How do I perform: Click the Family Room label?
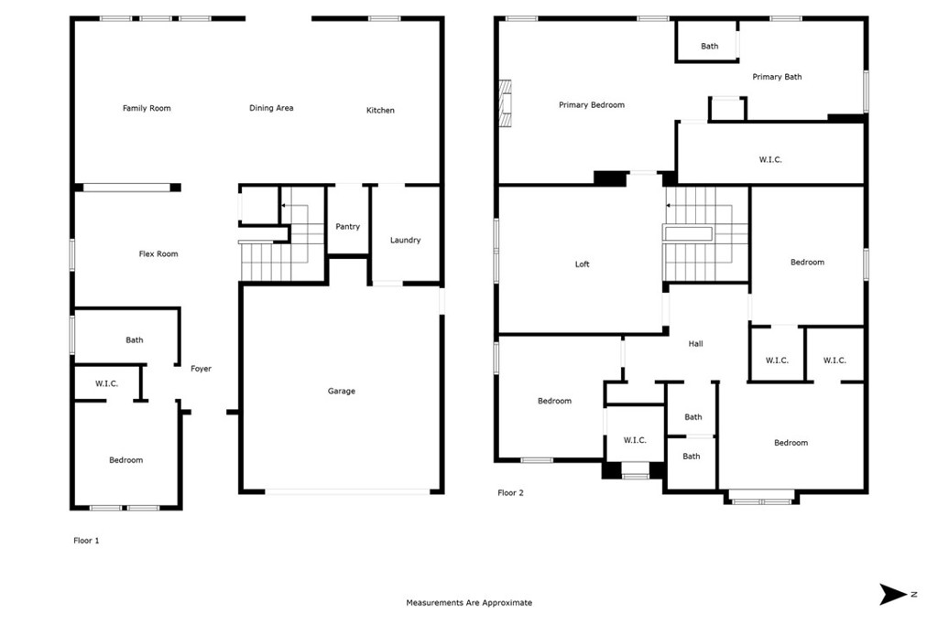(147, 108)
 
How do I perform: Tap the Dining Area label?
(271, 108)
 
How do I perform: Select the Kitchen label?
(380, 111)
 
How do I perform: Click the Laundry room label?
(406, 241)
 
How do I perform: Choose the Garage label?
(342, 391)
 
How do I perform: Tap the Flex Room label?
(158, 254)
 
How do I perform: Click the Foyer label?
(201, 369)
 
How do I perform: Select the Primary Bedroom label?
(592, 105)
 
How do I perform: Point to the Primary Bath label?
(777, 77)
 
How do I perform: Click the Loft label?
(582, 264)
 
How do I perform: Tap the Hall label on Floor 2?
(696, 344)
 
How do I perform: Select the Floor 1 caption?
(86, 541)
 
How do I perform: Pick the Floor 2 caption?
(510, 492)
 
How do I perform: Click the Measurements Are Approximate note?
(469, 602)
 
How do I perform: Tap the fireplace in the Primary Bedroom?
(506, 104)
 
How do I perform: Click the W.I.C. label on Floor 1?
(106, 383)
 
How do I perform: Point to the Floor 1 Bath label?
(135, 340)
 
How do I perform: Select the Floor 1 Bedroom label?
(125, 460)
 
